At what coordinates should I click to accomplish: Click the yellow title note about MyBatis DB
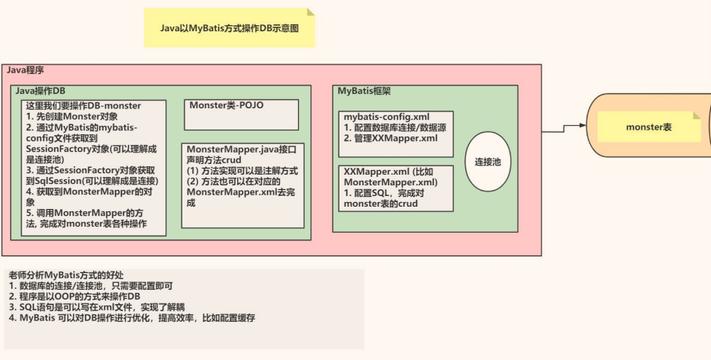click(229, 27)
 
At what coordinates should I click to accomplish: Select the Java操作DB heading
click(41, 91)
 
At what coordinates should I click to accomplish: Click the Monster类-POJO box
click(241, 114)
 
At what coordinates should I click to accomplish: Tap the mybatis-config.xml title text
click(381, 116)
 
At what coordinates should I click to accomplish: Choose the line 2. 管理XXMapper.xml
click(391, 138)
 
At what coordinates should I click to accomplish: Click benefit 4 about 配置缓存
click(137, 317)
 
